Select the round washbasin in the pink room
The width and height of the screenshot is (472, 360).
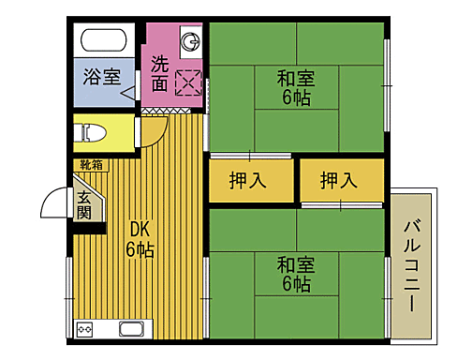(x=191, y=42)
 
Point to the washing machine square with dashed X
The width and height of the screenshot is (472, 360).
(x=188, y=83)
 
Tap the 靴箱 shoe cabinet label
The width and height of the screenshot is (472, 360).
(x=92, y=165)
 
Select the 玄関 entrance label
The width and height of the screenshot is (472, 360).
(x=84, y=205)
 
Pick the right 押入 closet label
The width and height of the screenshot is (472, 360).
(x=340, y=180)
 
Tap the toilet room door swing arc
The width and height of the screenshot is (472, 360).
(x=155, y=134)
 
